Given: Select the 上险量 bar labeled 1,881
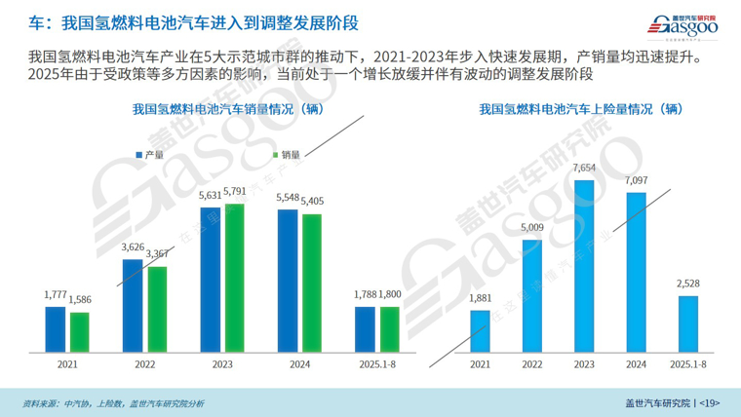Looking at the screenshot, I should coord(480,330).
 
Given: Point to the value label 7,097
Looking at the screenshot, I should coord(636,181).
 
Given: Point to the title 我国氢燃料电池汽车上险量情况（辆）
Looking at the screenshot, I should coord(583,110).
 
